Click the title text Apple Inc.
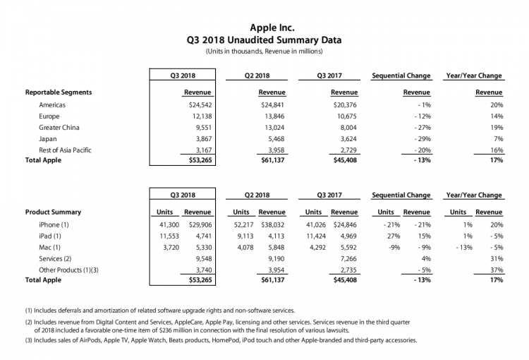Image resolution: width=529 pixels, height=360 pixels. click(264, 28)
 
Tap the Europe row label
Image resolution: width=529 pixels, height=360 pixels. click(49, 115)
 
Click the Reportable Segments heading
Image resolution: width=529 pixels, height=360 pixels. click(59, 92)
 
